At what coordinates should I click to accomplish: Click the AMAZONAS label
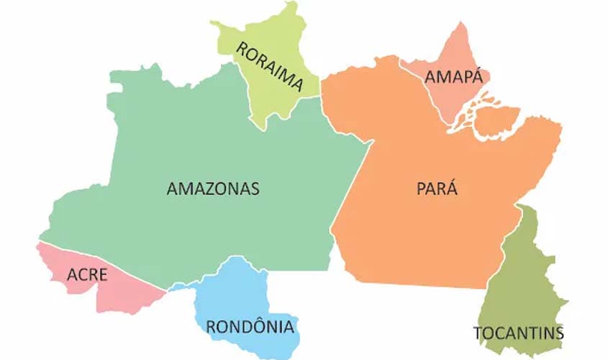coord(212,189)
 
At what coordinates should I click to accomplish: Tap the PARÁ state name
coord(437,189)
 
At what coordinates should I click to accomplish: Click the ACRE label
coord(87,274)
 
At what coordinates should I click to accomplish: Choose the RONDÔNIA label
coord(250,327)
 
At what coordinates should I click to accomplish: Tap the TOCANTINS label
coord(518,333)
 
